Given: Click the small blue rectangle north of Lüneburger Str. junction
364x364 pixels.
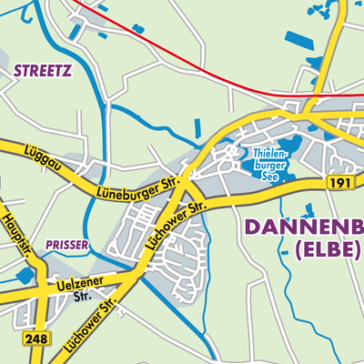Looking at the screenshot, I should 197,129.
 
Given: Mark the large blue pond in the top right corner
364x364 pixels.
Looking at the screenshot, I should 298,40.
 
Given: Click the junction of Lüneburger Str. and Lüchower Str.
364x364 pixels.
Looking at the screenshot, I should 187,178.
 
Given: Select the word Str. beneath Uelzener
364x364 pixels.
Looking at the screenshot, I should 82,296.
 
